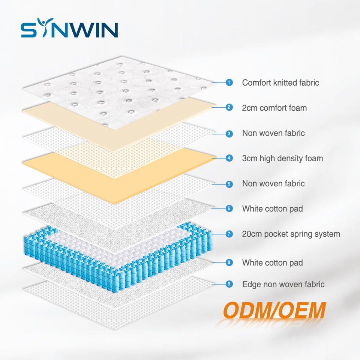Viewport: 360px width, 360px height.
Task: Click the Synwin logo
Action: pyautogui.click(x=69, y=30)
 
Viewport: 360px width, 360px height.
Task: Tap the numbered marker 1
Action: pyautogui.click(x=229, y=82)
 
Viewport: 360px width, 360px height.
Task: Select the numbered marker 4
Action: pyautogui.click(x=229, y=158)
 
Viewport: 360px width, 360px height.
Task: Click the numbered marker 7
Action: pyautogui.click(x=229, y=234)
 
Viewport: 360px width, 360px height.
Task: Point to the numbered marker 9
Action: pyautogui.click(x=229, y=284)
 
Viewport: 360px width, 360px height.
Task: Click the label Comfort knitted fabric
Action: pyautogui.click(x=280, y=82)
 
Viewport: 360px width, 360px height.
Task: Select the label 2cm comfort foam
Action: pyautogui.click(x=274, y=108)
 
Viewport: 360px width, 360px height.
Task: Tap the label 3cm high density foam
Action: pyautogui.click(x=282, y=158)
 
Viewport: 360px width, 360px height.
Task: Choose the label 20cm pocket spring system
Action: pyautogui.click(x=291, y=234)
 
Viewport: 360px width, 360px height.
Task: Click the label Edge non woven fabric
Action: pyautogui.click(x=283, y=284)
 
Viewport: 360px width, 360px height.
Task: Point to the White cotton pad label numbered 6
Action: pyautogui.click(x=272, y=208)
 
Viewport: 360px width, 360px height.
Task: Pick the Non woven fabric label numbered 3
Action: pyautogui.click(x=273, y=133)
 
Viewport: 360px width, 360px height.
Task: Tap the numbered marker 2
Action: pyautogui.click(x=229, y=108)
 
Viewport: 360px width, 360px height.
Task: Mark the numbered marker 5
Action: pyautogui.click(x=229, y=184)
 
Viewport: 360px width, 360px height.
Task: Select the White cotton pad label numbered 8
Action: pyautogui.click(x=272, y=262)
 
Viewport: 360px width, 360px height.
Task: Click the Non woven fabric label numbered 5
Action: pyautogui.click(x=273, y=184)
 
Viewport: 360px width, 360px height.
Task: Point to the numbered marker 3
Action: pyautogui.click(x=229, y=133)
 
